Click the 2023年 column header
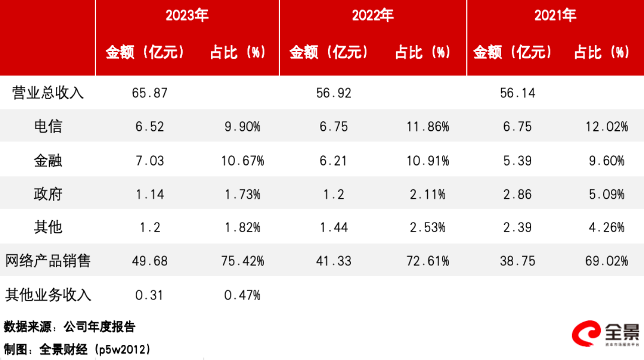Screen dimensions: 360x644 (187, 16)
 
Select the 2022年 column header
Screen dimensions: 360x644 (372, 16)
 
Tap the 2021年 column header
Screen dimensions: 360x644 (555, 16)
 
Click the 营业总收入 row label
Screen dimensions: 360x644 (48, 93)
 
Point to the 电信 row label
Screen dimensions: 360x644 (48, 126)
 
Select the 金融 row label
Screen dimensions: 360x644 (48, 160)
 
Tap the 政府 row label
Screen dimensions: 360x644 (48, 194)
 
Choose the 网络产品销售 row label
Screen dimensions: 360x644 (48, 261)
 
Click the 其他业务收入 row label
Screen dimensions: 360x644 (48, 295)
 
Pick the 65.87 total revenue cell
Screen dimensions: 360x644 (149, 93)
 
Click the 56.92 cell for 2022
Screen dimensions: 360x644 (334, 93)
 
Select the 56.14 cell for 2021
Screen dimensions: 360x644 (518, 93)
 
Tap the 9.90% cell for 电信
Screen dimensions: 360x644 (243, 127)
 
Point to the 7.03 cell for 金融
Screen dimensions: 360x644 (149, 161)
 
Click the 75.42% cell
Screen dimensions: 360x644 (243, 261)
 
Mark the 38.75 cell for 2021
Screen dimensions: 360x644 (518, 261)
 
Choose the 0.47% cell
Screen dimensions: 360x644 (243, 295)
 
